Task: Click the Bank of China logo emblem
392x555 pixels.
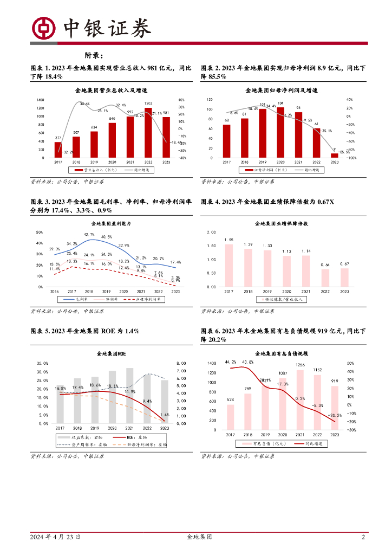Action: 43,28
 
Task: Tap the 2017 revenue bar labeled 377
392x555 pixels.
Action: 58,150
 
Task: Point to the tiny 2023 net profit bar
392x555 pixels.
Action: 335,156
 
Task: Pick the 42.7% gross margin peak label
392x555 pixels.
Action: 89,235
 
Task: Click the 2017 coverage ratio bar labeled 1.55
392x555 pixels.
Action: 229,265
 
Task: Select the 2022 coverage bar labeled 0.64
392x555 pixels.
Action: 325,277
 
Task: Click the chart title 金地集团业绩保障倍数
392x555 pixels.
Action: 282,223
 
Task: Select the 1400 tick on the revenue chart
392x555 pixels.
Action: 41,100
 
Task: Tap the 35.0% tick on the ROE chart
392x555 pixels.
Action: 43,363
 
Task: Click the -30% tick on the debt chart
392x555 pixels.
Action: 351,430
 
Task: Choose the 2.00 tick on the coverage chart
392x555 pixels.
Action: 211,232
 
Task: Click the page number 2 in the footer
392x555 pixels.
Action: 363,538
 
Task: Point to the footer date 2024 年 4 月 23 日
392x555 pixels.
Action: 56,538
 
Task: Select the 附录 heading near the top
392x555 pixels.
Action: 94,55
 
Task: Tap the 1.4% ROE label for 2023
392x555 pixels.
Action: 165,415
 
